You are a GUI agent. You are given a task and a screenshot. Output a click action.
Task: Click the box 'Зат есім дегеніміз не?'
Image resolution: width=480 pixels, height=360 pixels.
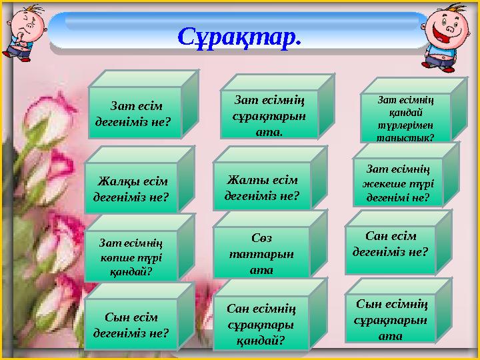pyautogui.click(x=135, y=113)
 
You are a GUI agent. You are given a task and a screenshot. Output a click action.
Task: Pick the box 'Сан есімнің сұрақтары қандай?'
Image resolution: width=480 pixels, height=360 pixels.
pyautogui.click(x=261, y=324)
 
